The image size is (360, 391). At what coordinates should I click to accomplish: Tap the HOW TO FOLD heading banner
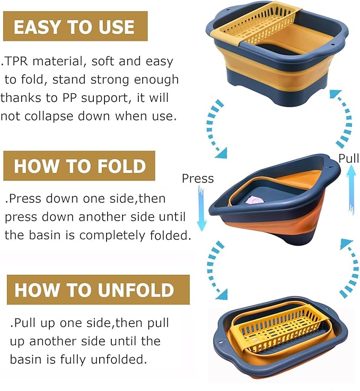coord(80,166)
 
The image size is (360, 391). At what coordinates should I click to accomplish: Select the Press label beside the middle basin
coord(197,178)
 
